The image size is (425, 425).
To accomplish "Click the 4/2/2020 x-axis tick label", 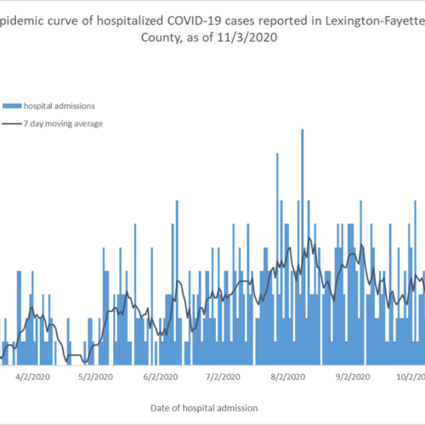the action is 32,377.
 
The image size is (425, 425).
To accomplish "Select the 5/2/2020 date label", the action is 95,377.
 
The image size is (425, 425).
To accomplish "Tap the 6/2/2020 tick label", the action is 161,377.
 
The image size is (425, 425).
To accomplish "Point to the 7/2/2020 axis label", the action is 223,377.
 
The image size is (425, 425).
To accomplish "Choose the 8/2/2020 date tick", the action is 288,377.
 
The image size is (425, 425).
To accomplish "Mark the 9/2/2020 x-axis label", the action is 353,377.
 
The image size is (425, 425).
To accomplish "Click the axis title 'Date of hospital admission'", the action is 204,408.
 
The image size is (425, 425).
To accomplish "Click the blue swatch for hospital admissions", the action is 12,106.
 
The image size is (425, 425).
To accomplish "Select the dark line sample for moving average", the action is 12,124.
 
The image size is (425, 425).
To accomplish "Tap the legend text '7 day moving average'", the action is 63,124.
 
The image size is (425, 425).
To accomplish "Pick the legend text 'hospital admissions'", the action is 59,106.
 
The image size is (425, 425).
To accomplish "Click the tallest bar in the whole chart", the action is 303,247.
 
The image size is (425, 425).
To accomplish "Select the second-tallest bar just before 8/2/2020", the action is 277,259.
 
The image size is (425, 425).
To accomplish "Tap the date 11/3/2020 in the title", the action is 247,37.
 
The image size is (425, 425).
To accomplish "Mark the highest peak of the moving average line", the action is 309,237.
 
